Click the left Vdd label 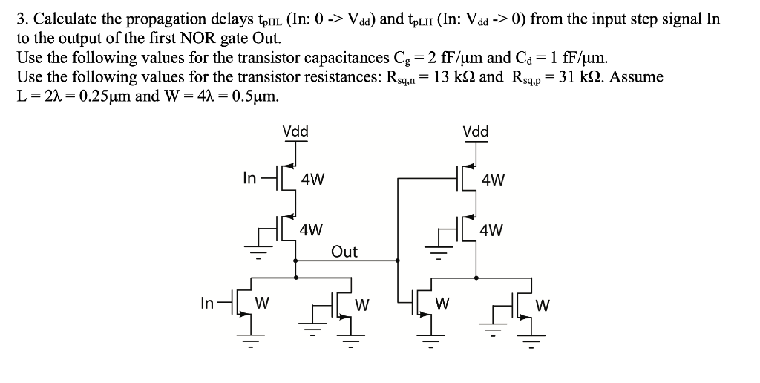(295, 132)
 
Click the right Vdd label (476, 132)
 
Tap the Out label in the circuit (344, 252)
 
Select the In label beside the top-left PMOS (250, 177)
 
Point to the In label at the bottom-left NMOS (208, 303)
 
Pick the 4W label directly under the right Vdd (493, 179)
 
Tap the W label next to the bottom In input (261, 304)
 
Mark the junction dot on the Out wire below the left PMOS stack (297, 261)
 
